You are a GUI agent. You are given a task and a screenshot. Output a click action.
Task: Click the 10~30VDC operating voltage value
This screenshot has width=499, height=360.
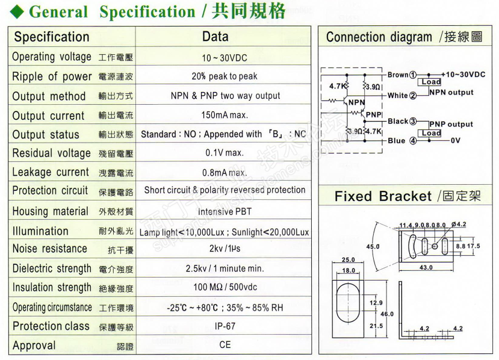pyautogui.click(x=224, y=58)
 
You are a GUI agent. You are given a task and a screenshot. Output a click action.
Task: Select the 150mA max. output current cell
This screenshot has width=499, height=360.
pyautogui.click(x=224, y=115)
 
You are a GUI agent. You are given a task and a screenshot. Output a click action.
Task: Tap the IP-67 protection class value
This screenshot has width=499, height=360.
pyautogui.click(x=224, y=326)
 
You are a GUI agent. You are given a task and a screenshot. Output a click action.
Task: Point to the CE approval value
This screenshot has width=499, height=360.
pyautogui.click(x=224, y=345)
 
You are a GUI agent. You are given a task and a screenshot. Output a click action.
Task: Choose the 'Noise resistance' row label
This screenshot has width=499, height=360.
pyautogui.click(x=50, y=249)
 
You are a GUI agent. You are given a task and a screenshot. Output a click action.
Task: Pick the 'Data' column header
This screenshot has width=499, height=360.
pyautogui.click(x=215, y=36)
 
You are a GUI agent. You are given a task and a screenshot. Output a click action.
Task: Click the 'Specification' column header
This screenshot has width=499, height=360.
pyautogui.click(x=52, y=37)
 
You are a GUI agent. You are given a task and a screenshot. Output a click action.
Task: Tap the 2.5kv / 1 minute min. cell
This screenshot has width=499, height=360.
pyautogui.click(x=224, y=268)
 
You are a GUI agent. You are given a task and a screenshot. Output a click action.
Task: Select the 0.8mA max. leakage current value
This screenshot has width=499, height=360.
pyautogui.click(x=224, y=173)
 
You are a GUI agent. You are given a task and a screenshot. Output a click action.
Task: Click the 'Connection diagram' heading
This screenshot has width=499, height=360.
pyautogui.click(x=379, y=37)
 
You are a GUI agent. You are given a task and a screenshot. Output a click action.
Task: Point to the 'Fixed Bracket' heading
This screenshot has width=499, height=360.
pyautogui.click(x=383, y=196)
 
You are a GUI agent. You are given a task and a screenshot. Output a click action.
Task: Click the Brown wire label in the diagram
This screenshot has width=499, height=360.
pyautogui.click(x=398, y=75)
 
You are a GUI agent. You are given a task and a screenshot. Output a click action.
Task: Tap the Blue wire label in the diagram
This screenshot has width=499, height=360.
pyautogui.click(x=397, y=141)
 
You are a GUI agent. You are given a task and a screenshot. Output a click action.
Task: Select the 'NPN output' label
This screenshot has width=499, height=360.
pyautogui.click(x=451, y=93)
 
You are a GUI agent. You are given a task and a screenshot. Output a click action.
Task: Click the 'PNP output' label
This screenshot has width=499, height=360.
pyautogui.click(x=451, y=125)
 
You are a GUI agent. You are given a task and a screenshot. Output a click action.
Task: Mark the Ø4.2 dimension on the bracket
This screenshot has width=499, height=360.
pyautogui.click(x=458, y=225)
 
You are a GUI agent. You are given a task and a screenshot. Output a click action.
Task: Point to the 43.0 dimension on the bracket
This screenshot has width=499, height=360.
pyautogui.click(x=424, y=267)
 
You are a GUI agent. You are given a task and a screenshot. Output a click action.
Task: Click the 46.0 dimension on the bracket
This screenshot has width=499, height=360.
pyautogui.click(x=387, y=314)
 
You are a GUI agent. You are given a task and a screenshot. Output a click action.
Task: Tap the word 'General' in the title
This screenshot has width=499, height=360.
pyautogui.click(x=58, y=11)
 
